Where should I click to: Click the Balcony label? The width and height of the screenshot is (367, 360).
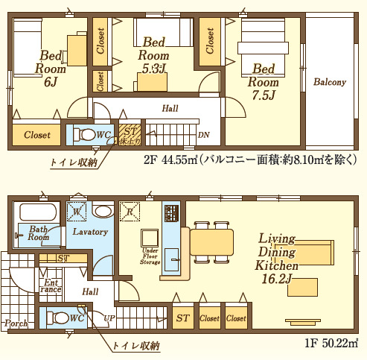(x=329, y=82)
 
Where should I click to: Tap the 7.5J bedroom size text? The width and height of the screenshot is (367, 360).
(x=264, y=95)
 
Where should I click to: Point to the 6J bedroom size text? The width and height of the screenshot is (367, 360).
(x=51, y=82)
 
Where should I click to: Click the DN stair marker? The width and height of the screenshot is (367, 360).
(x=203, y=135)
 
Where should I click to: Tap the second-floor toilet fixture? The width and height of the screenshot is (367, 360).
(x=86, y=135)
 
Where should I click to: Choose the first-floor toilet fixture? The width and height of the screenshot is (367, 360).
(x=59, y=317)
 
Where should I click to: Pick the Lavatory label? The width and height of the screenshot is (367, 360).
(x=91, y=232)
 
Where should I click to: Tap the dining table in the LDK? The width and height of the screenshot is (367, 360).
(x=211, y=243)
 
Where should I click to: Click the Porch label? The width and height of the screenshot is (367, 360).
(x=16, y=323)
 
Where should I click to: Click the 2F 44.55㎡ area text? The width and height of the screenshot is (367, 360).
(x=170, y=159)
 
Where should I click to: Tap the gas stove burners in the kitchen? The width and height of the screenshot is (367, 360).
(x=170, y=212)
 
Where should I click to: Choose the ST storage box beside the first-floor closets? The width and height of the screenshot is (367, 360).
(x=182, y=318)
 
